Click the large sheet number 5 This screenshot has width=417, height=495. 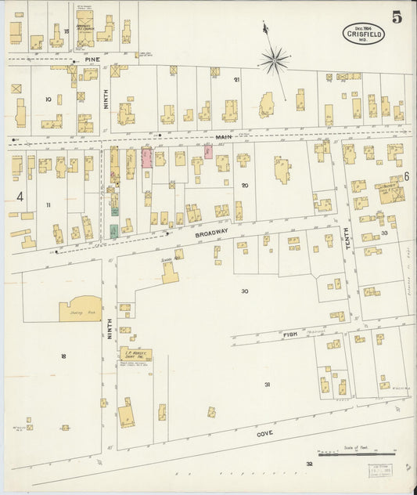click(x=397, y=18)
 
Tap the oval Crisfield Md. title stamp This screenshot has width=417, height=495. click(x=363, y=33)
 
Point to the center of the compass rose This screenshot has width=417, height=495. click(x=275, y=59)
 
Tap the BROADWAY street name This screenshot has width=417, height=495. click(x=211, y=233)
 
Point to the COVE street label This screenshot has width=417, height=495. click(x=265, y=432)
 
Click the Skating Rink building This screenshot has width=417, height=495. click(x=80, y=309)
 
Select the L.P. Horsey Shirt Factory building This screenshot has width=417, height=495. click(x=135, y=354)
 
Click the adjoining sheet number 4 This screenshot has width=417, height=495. click(x=19, y=197)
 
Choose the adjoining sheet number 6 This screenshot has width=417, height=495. click(x=407, y=177)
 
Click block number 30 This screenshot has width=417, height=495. click(x=245, y=291)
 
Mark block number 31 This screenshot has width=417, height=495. click(x=267, y=385)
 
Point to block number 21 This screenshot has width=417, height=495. click(x=236, y=79)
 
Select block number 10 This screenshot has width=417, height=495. click(x=49, y=99)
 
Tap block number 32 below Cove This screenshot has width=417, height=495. click(x=309, y=464)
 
